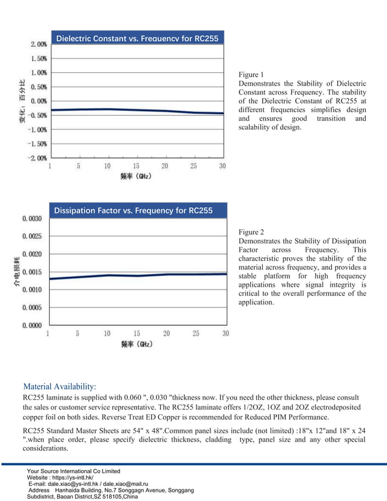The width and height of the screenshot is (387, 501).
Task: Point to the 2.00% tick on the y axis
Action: click(x=39, y=44)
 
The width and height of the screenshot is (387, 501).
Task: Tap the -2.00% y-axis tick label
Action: click(x=38, y=158)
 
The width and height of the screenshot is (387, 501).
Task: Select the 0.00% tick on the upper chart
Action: click(x=39, y=101)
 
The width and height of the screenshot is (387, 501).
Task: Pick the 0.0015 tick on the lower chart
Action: click(x=32, y=272)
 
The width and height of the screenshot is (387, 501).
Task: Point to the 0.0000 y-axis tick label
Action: click(x=32, y=326)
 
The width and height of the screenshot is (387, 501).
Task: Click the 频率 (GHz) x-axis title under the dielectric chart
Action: click(x=136, y=177)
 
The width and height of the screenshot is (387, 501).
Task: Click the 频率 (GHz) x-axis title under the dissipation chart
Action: click(x=136, y=344)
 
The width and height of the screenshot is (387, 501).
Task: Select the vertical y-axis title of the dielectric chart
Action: click(x=22, y=101)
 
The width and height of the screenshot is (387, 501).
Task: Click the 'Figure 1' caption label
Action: click(x=252, y=74)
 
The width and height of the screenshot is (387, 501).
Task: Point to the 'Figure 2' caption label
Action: click(x=252, y=232)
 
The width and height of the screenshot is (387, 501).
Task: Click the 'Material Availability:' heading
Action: click(x=59, y=386)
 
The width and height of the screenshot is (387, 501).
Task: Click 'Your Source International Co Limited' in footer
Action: click(x=74, y=471)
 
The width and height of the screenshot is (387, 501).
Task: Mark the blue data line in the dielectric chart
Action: click(x=136, y=110)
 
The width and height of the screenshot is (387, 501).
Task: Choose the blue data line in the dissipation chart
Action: click(x=136, y=275)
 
